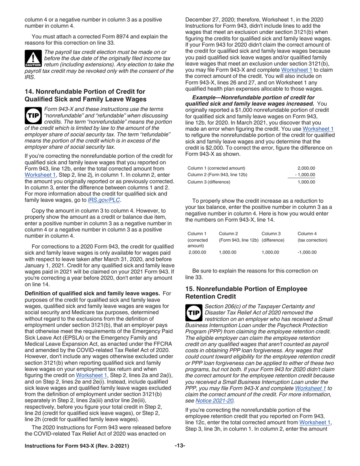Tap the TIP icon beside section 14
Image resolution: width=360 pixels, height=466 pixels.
point(33,116)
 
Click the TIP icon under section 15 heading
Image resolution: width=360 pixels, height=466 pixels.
point(194,313)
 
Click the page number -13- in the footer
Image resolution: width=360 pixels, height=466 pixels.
point(180,446)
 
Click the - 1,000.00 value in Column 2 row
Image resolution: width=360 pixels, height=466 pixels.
point(305,175)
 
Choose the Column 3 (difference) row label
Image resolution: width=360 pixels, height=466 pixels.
point(209,182)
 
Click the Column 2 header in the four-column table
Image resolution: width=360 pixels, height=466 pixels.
point(229,234)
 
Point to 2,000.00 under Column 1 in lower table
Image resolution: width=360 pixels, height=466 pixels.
point(197,252)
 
